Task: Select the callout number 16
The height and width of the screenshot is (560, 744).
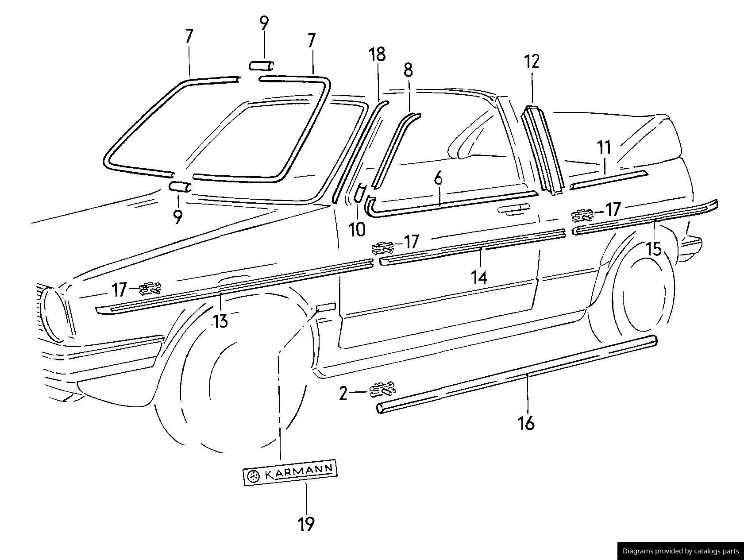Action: click(x=526, y=423)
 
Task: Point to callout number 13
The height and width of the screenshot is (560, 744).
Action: click(x=220, y=321)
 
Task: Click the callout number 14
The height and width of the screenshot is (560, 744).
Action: click(x=479, y=278)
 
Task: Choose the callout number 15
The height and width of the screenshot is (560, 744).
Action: click(x=654, y=249)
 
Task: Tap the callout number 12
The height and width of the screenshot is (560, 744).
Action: click(x=532, y=62)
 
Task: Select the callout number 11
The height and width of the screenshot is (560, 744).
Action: click(x=604, y=147)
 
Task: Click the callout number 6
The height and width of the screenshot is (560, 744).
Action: click(x=438, y=179)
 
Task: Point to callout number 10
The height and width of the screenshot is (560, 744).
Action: click(x=357, y=229)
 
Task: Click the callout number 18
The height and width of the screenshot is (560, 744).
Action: click(x=378, y=54)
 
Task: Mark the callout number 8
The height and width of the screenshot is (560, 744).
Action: click(x=408, y=70)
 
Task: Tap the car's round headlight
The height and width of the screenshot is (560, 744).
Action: click(x=54, y=313)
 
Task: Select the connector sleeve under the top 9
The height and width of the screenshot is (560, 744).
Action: click(x=261, y=66)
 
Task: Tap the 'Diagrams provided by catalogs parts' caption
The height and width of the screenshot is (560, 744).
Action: click(x=680, y=551)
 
